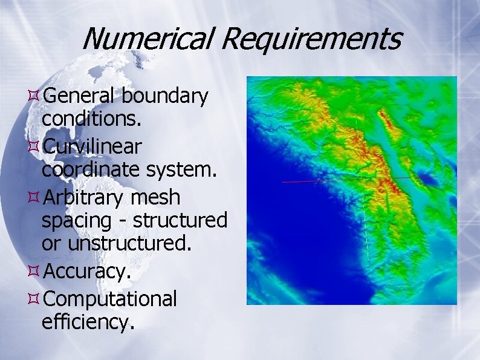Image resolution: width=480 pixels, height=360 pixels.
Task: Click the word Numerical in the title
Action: (147, 39)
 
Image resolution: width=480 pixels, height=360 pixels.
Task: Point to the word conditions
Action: (92, 119)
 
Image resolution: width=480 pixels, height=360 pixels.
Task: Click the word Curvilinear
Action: (92, 146)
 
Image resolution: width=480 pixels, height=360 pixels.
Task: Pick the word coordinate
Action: (89, 171)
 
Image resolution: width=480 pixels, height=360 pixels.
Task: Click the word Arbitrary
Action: (87, 197)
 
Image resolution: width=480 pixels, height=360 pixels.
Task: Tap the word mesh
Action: (159, 197)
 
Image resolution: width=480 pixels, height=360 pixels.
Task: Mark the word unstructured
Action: (129, 244)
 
